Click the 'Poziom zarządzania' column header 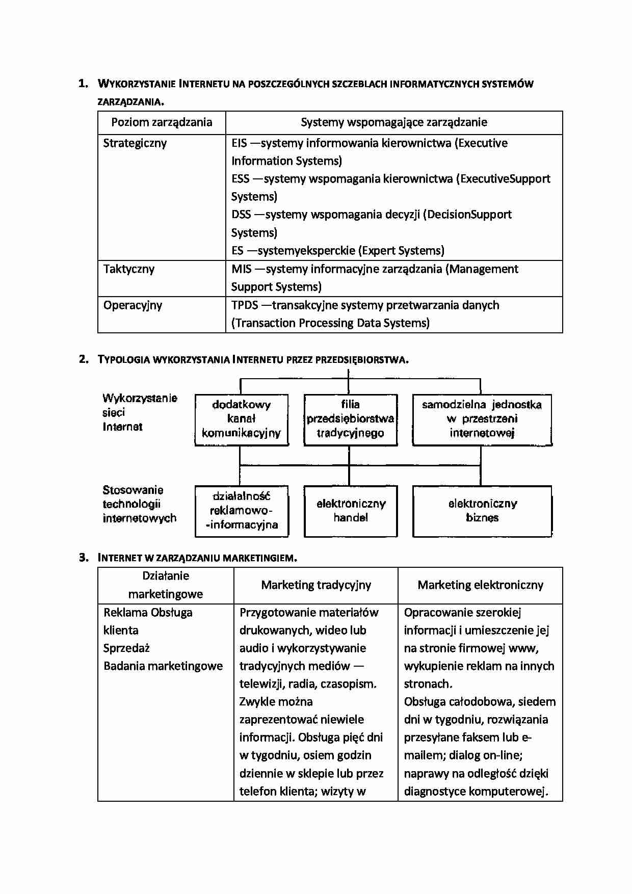pyautogui.click(x=162, y=122)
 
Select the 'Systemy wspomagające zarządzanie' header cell pyautogui.click(x=393, y=122)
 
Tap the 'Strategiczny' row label pyautogui.click(x=135, y=143)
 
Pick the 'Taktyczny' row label pyautogui.click(x=129, y=269)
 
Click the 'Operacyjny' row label pyautogui.click(x=133, y=305)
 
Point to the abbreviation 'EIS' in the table pyautogui.click(x=239, y=143)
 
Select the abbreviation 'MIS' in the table pyautogui.click(x=242, y=269)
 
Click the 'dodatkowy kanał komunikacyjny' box pyautogui.click(x=242, y=419)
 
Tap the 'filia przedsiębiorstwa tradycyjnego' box pyautogui.click(x=350, y=419)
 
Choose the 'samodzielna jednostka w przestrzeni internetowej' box pyautogui.click(x=482, y=419)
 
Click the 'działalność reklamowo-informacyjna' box pyautogui.click(x=242, y=511)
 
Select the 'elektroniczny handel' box pyautogui.click(x=350, y=511)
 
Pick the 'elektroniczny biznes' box pyautogui.click(x=482, y=511)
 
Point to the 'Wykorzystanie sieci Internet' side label pyautogui.click(x=139, y=412)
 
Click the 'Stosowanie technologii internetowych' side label pyautogui.click(x=139, y=504)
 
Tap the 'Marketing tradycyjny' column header pyautogui.click(x=316, y=585)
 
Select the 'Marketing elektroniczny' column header pyautogui.click(x=480, y=585)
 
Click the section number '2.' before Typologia pyautogui.click(x=84, y=359)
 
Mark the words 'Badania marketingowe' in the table pyautogui.click(x=163, y=666)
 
